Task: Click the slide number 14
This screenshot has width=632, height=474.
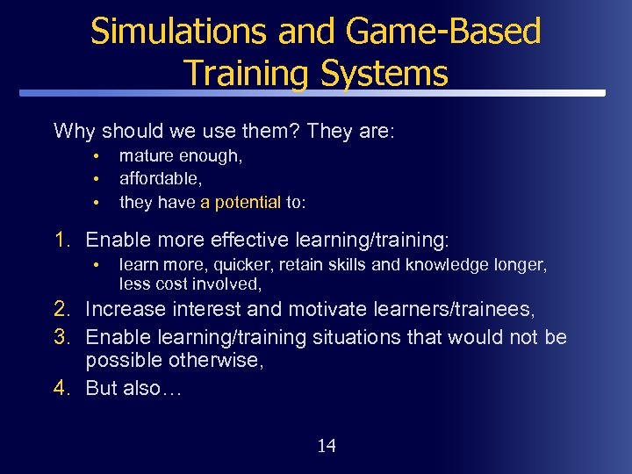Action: (x=326, y=446)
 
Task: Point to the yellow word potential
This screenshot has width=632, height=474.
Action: (x=241, y=202)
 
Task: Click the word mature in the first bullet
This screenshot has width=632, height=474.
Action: (x=147, y=156)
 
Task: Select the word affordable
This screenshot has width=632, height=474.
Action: (x=156, y=179)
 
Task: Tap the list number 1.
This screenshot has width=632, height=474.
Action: (x=61, y=240)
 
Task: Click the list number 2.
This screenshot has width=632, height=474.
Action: (x=61, y=309)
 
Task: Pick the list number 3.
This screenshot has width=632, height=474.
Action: (x=61, y=337)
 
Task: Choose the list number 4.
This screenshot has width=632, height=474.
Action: (x=61, y=388)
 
